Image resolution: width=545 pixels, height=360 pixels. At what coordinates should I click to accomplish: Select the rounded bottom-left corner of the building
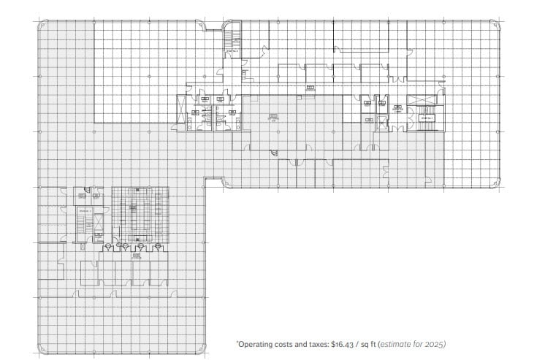pyautogui.click(x=40, y=351)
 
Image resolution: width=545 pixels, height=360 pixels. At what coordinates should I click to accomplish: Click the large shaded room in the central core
pyautogui.click(x=292, y=120)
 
